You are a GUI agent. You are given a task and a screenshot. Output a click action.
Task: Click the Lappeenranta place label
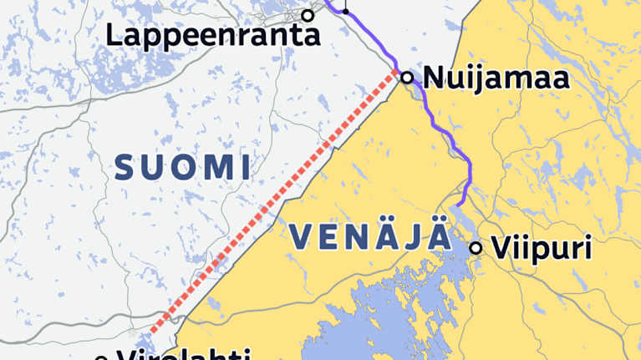pyautogui.click(x=214, y=35)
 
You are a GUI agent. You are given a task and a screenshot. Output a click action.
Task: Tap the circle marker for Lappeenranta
pyautogui.click(x=308, y=15)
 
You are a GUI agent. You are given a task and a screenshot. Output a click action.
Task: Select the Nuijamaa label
pyautogui.click(x=496, y=79)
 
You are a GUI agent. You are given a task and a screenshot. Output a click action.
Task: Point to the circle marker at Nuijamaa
pyautogui.click(x=407, y=78)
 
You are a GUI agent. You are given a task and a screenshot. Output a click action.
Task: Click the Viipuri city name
pyautogui.click(x=542, y=248)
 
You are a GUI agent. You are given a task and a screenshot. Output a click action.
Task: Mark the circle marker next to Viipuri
pyautogui.click(x=476, y=247)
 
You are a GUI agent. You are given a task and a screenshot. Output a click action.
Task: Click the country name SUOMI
pyautogui.click(x=182, y=168)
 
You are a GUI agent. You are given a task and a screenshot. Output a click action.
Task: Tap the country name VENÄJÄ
pyautogui.click(x=371, y=238)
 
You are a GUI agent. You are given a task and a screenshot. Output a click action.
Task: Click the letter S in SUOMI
pyautogui.click(x=125, y=168)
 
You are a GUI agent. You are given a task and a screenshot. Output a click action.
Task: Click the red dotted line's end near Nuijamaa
pyautogui.click(x=395, y=74)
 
